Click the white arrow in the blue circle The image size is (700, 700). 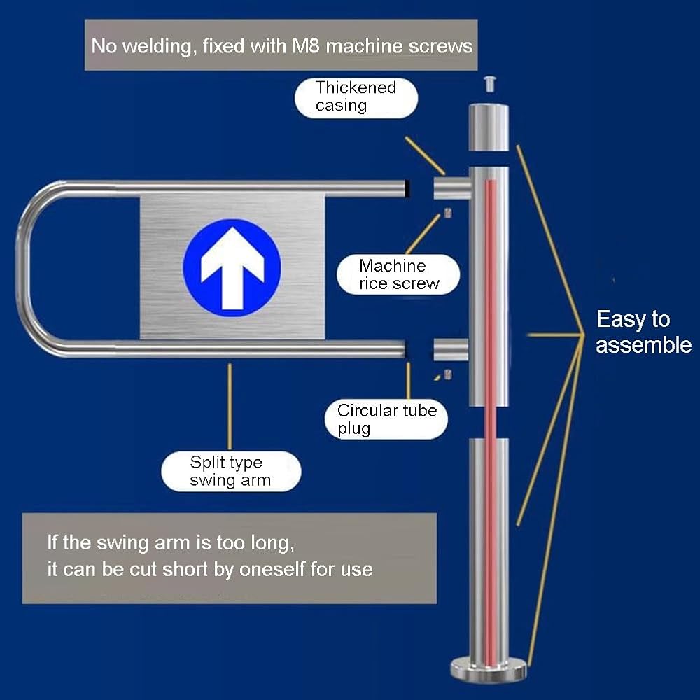tap(232, 268)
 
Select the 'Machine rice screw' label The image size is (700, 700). tap(398, 274)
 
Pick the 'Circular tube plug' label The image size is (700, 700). tap(386, 419)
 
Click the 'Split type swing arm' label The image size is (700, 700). tap(231, 471)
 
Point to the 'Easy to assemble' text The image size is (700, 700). tap(643, 332)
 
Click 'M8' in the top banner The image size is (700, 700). tap(306, 46)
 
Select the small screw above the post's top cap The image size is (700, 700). tap(489, 84)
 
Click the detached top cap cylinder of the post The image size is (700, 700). tap(489, 127)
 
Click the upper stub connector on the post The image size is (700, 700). tap(451, 188)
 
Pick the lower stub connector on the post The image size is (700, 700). tap(451, 349)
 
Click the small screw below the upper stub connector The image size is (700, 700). tap(448, 213)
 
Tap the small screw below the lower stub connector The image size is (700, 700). tap(448, 374)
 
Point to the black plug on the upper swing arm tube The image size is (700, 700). tap(407, 188)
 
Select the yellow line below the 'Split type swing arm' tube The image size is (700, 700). tap(230, 406)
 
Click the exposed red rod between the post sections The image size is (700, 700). tap(490, 422)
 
